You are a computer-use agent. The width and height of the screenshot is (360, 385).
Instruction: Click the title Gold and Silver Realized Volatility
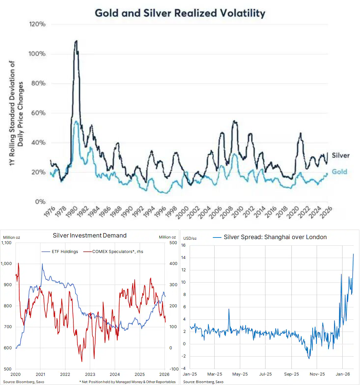point(180,13)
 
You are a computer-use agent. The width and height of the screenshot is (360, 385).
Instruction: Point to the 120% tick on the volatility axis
point(37,24)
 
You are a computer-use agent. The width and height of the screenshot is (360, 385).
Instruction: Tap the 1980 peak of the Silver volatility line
point(76,41)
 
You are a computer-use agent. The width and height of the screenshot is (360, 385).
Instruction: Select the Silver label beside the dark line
point(340,155)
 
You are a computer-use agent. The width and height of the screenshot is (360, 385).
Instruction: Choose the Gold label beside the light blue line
point(339,172)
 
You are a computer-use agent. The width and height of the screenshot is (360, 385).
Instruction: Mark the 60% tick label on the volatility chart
point(38,113)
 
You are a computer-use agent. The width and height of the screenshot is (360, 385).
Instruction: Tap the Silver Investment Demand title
point(89,236)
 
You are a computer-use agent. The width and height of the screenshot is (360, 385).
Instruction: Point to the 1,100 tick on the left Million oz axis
point(6,243)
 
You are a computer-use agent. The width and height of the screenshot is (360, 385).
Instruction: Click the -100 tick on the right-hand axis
point(174,369)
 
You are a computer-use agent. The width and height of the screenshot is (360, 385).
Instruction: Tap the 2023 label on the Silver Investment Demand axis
point(90,374)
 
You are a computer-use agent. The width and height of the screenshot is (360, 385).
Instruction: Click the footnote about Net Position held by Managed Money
point(127,382)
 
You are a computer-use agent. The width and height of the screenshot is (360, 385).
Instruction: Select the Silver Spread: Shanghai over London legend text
point(275,237)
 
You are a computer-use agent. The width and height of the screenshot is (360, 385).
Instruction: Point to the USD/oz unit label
point(190,238)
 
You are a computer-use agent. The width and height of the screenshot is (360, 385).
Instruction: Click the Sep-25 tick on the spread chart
point(291,374)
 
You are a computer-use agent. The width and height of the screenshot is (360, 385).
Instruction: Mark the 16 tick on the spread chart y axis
point(183,245)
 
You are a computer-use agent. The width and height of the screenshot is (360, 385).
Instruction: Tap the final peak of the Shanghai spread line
point(353,254)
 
